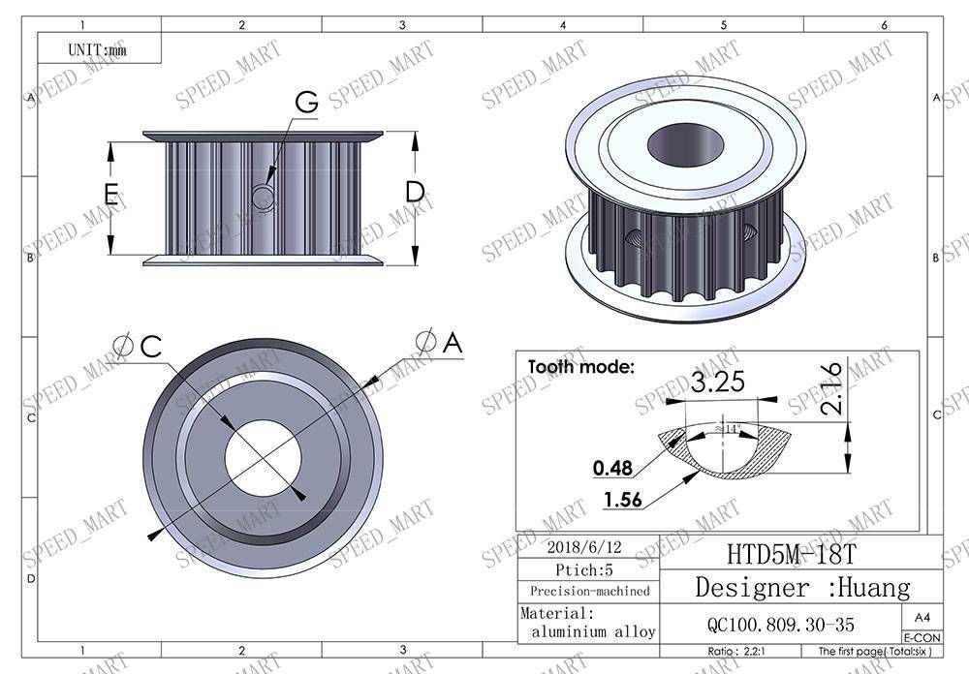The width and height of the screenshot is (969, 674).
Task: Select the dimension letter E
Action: (x=111, y=196)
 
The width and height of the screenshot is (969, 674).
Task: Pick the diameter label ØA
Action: (x=439, y=341)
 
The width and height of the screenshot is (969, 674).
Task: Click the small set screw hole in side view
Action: (x=262, y=197)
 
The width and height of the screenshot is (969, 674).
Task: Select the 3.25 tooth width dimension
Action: (x=718, y=382)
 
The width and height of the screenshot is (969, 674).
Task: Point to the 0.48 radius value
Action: (x=611, y=469)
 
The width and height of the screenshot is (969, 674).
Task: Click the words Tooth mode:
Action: (x=580, y=367)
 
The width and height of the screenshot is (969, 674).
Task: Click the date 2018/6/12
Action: (x=588, y=545)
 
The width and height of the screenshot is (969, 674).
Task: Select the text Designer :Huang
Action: (x=802, y=587)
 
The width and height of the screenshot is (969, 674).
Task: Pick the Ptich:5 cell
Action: (x=588, y=568)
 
